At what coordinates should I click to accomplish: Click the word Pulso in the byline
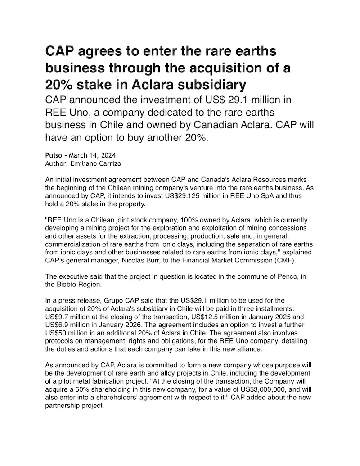tap(54, 155)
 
